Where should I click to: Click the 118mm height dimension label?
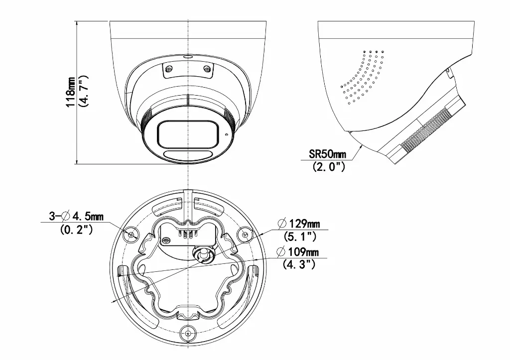71,93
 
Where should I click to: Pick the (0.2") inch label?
76,230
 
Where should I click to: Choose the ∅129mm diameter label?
298,223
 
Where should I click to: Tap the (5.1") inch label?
299,236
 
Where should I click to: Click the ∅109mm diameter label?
298,251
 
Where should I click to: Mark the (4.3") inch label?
299,264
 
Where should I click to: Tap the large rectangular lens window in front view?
187,133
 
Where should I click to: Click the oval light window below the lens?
186,155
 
